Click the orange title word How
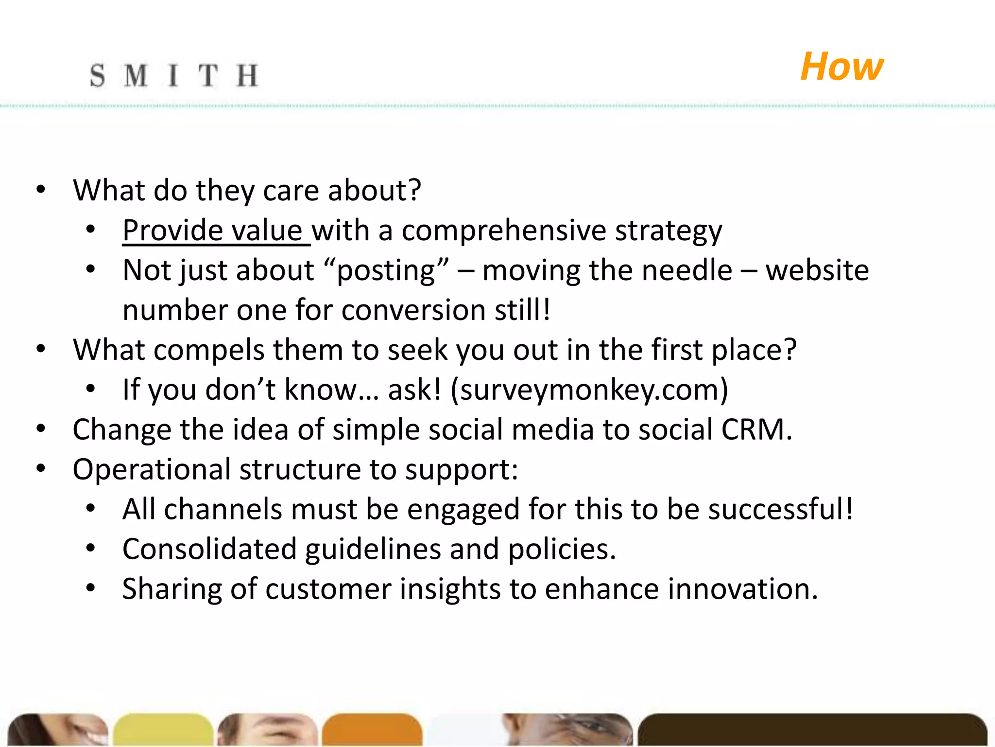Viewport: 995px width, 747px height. coord(841,67)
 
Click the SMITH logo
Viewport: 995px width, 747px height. coord(173,76)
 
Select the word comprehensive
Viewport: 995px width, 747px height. coord(504,230)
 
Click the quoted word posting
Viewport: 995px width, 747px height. coord(386,270)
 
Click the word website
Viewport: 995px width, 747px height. coord(817,270)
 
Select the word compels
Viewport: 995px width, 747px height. coord(209,350)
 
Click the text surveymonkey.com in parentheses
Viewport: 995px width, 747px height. coord(589,390)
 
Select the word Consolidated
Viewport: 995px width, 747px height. coord(209,550)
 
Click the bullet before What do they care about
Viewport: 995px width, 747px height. coord(41,190)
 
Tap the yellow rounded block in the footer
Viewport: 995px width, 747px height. coord(163,729)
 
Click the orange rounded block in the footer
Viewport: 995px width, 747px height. coord(372,729)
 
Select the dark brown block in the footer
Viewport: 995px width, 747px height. coord(811,729)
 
